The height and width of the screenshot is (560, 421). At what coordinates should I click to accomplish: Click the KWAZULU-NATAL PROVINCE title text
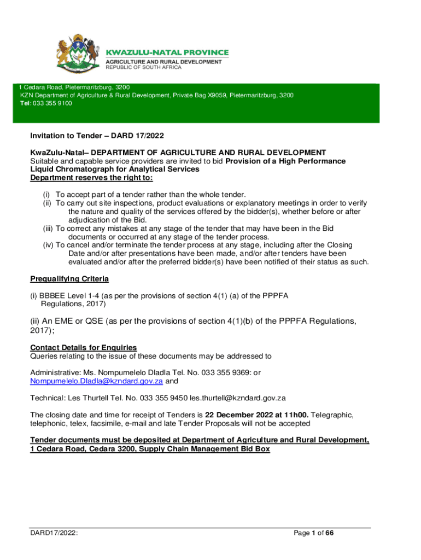point(167,52)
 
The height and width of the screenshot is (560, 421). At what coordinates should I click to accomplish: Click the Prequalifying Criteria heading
point(69,279)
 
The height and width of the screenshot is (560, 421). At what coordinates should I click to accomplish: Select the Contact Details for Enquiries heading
point(83,347)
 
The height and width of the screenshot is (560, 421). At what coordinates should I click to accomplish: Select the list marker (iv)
point(48,245)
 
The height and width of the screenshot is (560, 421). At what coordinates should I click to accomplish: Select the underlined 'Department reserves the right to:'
point(92,178)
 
